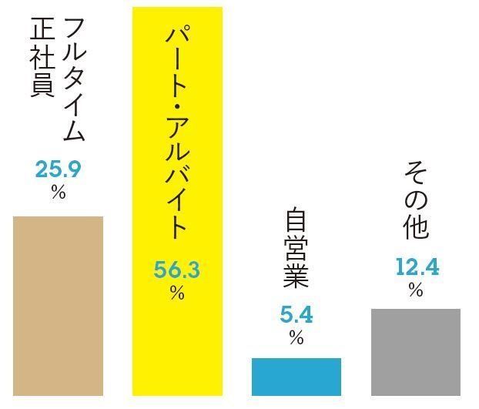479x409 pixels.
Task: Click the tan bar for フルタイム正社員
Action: click(x=58, y=306)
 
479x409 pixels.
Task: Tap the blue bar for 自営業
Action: click(x=296, y=377)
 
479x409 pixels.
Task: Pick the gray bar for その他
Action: click(x=415, y=352)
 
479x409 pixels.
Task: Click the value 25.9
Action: click(x=58, y=169)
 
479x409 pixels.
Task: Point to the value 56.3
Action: click(x=177, y=270)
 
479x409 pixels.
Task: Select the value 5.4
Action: click(x=296, y=315)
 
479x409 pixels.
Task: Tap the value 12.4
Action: click(x=417, y=267)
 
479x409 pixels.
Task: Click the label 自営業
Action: click(x=296, y=249)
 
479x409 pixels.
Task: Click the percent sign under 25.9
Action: click(x=59, y=192)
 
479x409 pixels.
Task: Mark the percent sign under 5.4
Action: click(x=296, y=338)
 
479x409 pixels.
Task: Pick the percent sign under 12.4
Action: click(x=416, y=290)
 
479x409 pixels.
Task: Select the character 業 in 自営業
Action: click(x=296, y=275)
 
